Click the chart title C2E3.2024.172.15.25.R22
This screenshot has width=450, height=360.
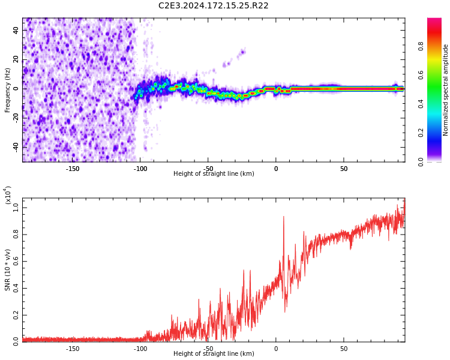[213, 6]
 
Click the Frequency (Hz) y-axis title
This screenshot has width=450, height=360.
[8, 90]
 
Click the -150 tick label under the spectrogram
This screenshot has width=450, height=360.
[72, 169]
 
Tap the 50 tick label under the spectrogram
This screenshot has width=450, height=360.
[344, 169]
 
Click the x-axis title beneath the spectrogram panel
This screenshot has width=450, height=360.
[213, 174]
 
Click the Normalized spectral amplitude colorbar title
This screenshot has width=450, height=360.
[446, 90]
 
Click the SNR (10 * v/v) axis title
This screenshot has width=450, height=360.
[8, 270]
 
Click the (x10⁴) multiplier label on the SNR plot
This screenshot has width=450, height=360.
[8, 195]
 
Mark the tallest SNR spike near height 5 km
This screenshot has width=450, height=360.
[283, 217]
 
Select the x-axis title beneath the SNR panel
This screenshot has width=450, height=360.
[213, 354]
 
